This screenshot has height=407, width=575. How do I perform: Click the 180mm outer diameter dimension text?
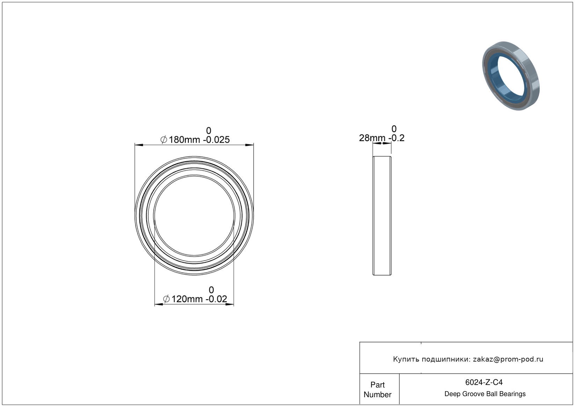point(184,140)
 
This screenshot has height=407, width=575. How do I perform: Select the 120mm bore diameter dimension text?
point(187,299)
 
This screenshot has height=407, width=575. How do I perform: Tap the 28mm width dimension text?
point(372,138)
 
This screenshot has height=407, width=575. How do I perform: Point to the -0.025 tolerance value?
point(216,140)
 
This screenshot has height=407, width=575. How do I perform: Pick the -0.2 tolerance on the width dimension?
point(396,138)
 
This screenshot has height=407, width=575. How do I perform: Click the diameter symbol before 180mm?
point(164,140)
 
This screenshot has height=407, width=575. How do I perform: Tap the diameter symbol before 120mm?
point(166,299)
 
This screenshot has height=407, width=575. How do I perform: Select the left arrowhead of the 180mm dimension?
point(139,145)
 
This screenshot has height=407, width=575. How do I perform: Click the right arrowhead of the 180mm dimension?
point(249,145)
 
